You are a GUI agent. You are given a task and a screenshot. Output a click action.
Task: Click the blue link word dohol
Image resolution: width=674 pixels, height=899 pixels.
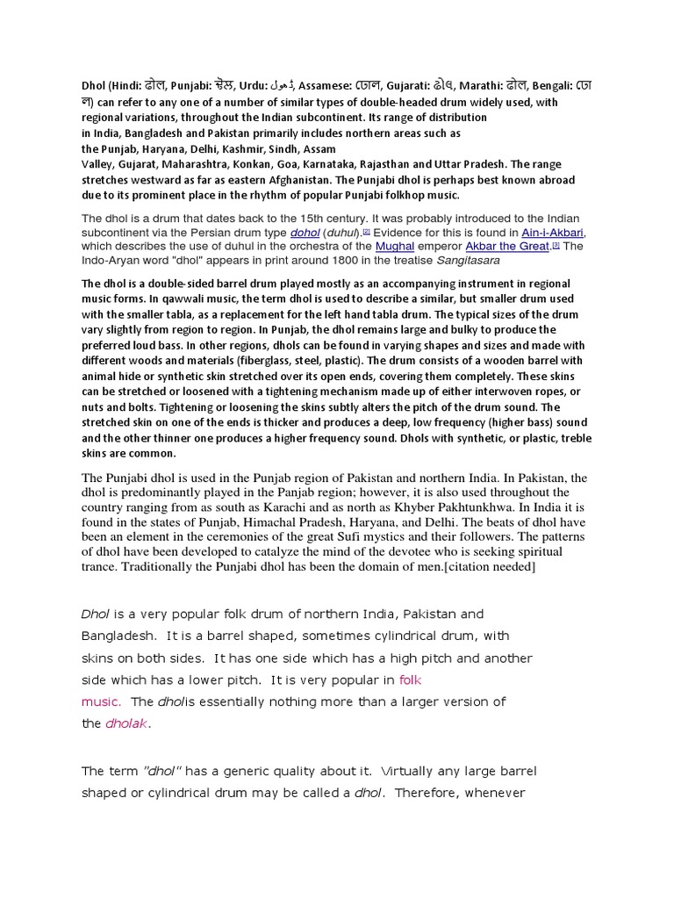click(x=305, y=233)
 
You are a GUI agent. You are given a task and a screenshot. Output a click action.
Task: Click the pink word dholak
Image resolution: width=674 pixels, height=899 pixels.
click(x=128, y=723)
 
